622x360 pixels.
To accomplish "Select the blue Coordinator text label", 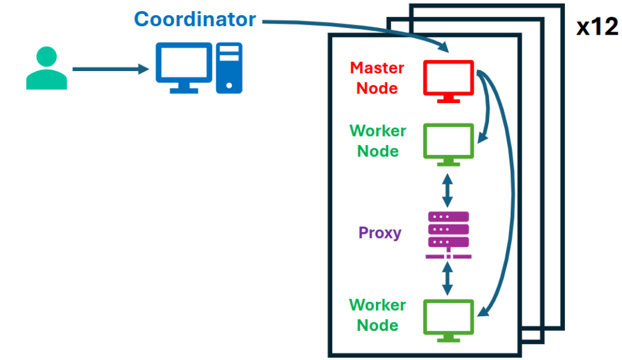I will tap(195, 19).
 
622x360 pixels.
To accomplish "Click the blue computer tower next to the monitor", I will tap(229, 67).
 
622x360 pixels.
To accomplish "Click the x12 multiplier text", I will tap(596, 27).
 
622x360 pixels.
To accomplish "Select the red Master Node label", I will tap(377, 77).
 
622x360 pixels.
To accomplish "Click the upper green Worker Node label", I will tap(378, 140).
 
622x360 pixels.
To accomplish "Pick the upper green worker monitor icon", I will tap(448, 143).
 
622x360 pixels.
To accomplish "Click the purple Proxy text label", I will tap(380, 233).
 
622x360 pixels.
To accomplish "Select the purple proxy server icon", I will tap(448, 234).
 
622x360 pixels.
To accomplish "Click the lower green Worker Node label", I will tap(378, 314).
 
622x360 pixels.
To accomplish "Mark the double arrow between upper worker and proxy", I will tap(448, 189).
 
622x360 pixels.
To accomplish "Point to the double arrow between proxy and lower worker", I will tap(448, 280).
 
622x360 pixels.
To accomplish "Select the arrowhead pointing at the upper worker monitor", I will tap(480, 138).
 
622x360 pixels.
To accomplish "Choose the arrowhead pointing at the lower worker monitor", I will tap(481, 313).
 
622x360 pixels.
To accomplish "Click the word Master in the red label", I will tap(377, 67).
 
